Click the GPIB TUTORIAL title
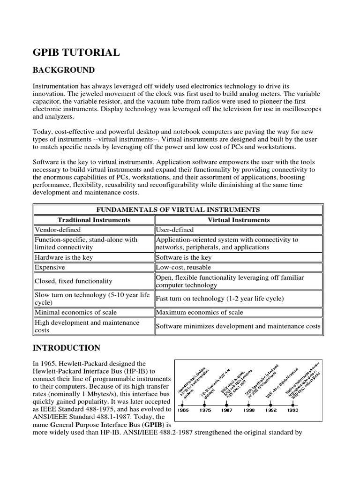coord(76,52)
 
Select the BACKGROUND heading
coord(63,70)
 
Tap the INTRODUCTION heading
coord(66,348)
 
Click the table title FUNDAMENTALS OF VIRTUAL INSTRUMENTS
coord(178,210)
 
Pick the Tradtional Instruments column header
coord(94,220)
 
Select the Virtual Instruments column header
coord(239,220)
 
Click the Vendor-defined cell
coord(58,230)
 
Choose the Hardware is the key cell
coord(64,257)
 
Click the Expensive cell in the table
coord(50,267)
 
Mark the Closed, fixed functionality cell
coord(74,281)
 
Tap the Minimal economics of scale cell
coord(76,312)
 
